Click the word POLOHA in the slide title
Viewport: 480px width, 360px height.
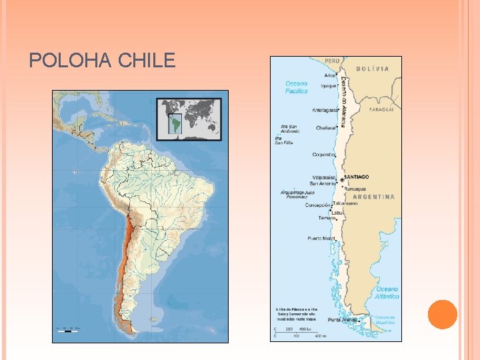click(71, 61)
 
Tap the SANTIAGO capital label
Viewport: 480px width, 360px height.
click(356, 177)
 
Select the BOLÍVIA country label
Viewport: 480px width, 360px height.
click(373, 69)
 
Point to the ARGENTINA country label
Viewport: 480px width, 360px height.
click(373, 197)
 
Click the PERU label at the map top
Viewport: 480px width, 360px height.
click(332, 61)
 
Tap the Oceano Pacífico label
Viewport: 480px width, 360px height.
click(296, 87)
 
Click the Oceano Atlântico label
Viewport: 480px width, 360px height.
click(387, 293)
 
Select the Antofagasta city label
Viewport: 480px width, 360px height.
click(324, 111)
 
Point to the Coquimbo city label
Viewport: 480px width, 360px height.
click(323, 155)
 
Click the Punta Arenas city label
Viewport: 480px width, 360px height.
click(341, 320)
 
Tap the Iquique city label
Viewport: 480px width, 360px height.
click(328, 85)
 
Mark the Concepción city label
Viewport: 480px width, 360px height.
click(317, 205)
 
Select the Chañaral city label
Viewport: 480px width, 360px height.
click(325, 127)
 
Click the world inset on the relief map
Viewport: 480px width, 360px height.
click(189, 119)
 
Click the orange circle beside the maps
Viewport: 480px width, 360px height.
click(442, 315)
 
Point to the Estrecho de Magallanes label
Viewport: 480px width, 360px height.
click(384, 320)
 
